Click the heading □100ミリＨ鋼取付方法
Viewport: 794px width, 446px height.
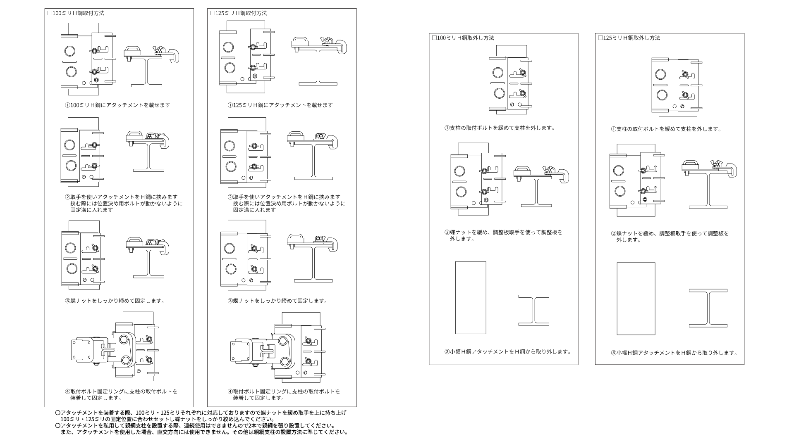tap(76, 13)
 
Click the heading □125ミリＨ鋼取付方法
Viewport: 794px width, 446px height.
tap(239, 13)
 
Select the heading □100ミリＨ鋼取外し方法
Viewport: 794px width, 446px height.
tap(463, 38)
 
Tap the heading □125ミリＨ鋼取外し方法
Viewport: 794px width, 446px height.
tap(629, 38)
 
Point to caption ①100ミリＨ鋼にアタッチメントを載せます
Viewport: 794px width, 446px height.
tap(117, 105)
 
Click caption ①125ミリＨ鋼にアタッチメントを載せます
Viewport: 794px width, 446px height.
tap(280, 105)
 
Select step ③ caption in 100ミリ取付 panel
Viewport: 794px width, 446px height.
tap(115, 301)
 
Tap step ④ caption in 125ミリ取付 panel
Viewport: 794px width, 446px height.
tap(284, 395)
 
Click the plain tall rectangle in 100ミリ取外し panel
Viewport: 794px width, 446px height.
tap(471, 297)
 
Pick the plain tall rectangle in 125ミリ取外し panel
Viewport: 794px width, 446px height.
tap(636, 299)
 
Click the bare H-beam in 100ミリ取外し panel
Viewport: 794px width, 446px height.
tap(534, 310)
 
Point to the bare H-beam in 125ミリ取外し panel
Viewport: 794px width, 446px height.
tap(708, 308)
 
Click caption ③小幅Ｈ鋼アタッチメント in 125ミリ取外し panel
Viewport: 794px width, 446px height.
tap(674, 353)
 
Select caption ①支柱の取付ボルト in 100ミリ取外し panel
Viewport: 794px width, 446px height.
tap(500, 128)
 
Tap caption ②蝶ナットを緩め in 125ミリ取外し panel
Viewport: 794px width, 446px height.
tap(670, 237)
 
